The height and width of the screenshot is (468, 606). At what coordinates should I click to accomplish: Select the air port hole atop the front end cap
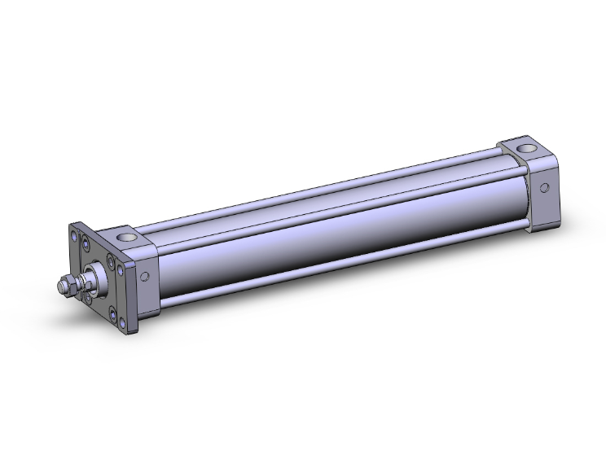(x=129, y=238)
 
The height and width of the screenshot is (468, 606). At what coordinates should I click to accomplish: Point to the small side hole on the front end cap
(x=146, y=277)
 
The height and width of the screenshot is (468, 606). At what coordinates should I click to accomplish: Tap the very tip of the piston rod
(x=59, y=286)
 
